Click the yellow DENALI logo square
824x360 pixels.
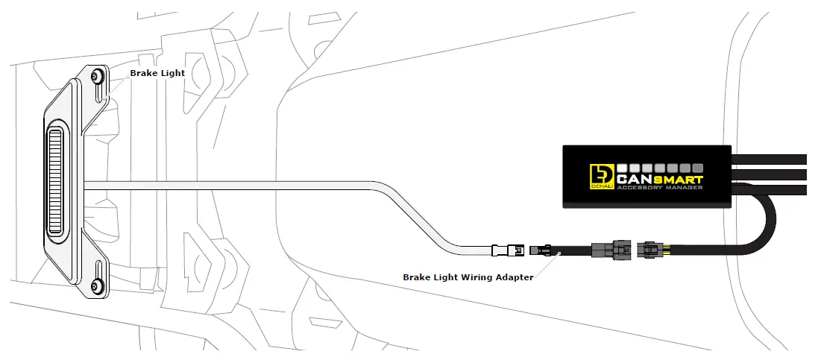pyautogui.click(x=600, y=175)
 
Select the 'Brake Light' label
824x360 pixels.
pyautogui.click(x=157, y=73)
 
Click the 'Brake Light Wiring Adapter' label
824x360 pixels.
pyautogui.click(x=468, y=277)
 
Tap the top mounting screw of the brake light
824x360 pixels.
pyautogui.click(x=95, y=76)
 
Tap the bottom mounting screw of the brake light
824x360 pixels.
pyautogui.click(x=96, y=285)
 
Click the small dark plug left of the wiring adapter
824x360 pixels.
pyautogui.click(x=537, y=250)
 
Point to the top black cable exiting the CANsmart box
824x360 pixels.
pyautogui.click(x=776, y=159)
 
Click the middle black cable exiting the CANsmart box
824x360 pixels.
pyautogui.click(x=776, y=174)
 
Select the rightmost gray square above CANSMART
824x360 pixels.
pyautogui.click(x=698, y=168)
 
